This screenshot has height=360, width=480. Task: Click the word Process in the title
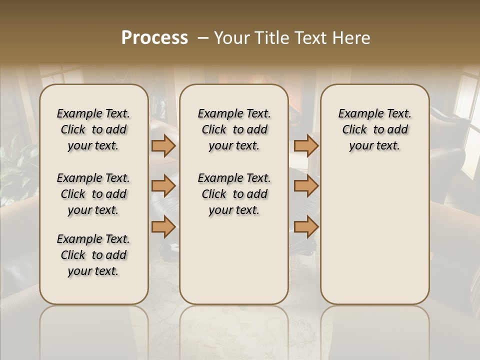pos(154,38)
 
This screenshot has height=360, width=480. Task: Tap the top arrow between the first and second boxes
pos(163,145)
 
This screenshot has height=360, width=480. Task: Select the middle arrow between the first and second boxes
pos(163,186)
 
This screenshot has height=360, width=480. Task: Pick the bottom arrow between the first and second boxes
pos(163,227)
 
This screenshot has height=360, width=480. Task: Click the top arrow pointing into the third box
pos(306,145)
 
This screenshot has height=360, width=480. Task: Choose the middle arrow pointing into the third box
pos(306,186)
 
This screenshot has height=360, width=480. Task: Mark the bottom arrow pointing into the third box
pos(306,227)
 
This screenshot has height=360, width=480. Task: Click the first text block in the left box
pos(93,129)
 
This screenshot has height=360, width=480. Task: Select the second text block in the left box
pos(93,194)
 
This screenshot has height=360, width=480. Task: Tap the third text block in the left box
pos(93,255)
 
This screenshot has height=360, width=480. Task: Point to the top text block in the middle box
pos(234,129)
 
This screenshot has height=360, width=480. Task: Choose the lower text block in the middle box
pos(234,194)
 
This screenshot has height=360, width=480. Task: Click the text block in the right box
pos(374,129)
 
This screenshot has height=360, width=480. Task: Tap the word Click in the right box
pos(354,130)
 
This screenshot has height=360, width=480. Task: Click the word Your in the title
pos(231,38)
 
